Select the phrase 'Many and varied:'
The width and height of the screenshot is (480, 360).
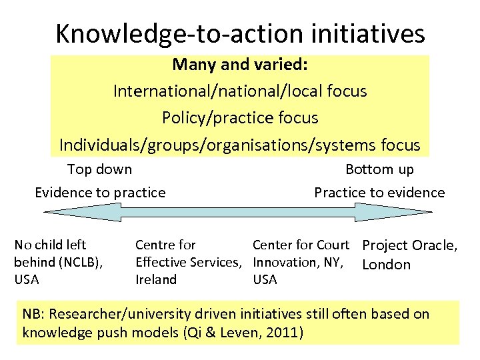pos(239,65)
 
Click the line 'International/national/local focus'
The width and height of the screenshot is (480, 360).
pos(240,91)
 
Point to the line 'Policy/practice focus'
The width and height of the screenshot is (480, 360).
pos(240,118)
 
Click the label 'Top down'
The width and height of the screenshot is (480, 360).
pos(100,169)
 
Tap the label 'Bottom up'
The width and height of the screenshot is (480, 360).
pos(379,169)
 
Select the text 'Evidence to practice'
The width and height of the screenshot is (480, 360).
pos(100,193)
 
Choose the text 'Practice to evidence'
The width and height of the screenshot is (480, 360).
pos(379,193)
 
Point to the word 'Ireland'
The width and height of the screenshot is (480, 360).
pos(156,279)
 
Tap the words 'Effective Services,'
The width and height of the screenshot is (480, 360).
pos(188,262)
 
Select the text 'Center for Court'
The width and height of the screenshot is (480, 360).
pos(301,245)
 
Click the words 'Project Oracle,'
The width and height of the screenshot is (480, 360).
pos(409,245)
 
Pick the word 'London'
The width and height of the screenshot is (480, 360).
pos(386,265)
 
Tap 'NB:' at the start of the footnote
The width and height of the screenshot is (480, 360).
pos(33,313)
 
